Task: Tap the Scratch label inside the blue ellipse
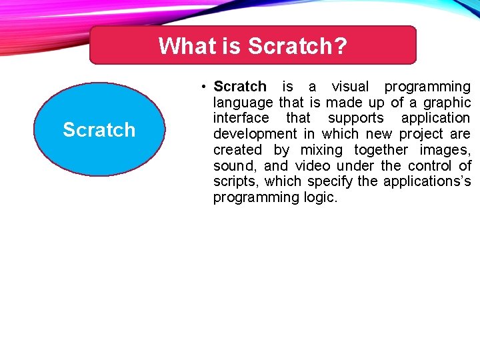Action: pos(99,129)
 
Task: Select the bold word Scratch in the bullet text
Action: pos(239,87)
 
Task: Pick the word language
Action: pos(243,103)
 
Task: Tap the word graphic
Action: pos(447,103)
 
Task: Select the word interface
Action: pos(241,118)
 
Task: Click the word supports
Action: pos(357,118)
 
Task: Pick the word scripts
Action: pos(236,181)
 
